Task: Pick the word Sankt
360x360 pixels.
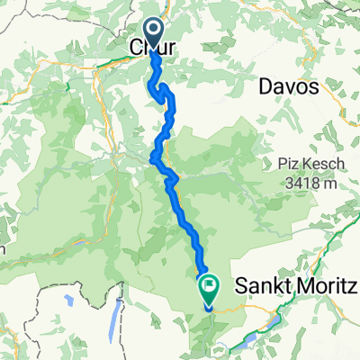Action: (258, 287)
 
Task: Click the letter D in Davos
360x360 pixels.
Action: (264, 86)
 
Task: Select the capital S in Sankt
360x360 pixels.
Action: (240, 287)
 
